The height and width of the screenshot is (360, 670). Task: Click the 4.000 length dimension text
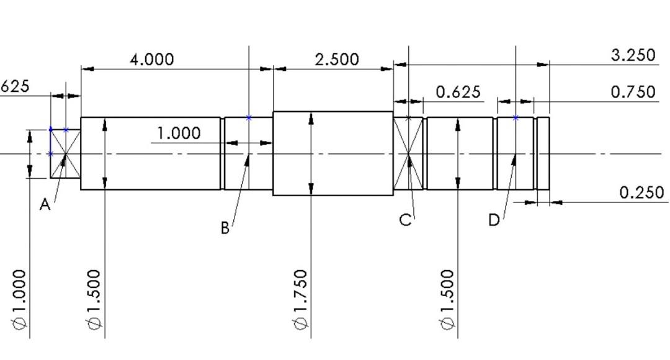[151, 60]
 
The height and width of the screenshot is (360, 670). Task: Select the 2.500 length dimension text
[336, 60]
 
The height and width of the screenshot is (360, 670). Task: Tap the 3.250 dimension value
[633, 55]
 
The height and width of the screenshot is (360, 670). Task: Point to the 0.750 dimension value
[633, 92]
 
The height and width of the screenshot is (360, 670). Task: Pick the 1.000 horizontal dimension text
[179, 133]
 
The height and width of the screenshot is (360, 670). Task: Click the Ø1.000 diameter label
[20, 300]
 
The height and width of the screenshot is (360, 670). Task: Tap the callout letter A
[45, 205]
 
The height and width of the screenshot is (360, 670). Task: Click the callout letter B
[225, 228]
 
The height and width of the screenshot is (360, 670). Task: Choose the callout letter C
[405, 220]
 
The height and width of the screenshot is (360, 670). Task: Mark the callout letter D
[494, 220]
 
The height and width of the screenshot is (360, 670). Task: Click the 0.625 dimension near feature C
[458, 92]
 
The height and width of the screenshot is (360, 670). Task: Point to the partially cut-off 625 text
[14, 86]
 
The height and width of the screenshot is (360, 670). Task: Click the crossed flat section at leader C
[408, 153]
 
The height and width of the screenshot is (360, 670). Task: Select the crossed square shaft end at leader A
[65, 153]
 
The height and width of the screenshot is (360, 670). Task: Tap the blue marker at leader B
[249, 117]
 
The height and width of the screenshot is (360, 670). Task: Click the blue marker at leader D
[516, 117]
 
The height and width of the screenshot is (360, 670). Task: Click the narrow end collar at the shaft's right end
[543, 153]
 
